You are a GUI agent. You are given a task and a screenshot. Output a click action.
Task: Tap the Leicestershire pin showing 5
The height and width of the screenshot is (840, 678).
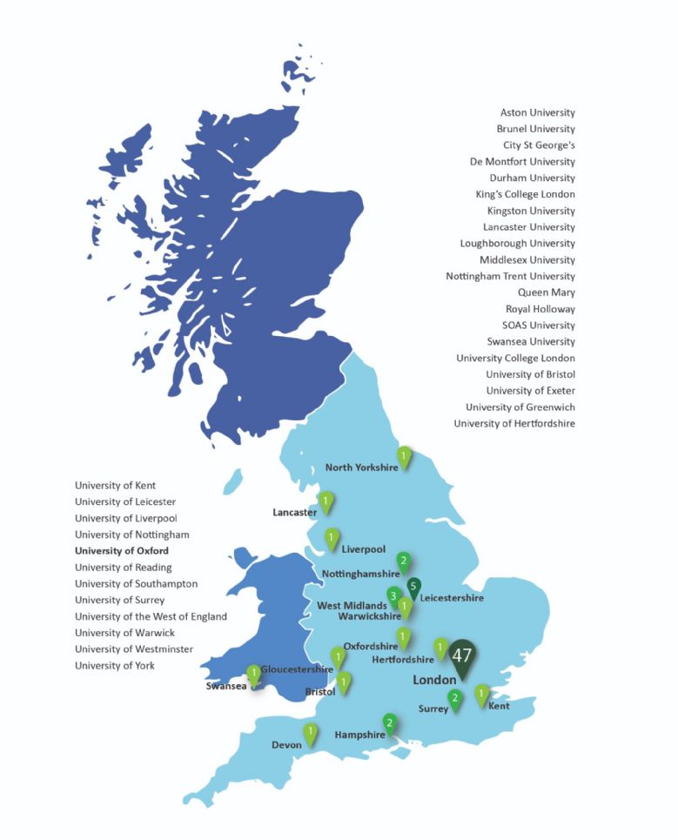coord(414,587)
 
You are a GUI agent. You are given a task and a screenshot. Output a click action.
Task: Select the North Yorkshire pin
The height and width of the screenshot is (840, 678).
coord(404,455)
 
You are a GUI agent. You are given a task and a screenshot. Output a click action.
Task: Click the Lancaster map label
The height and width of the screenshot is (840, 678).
coord(294,513)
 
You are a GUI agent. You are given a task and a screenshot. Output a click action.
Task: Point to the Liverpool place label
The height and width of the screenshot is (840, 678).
coord(364,549)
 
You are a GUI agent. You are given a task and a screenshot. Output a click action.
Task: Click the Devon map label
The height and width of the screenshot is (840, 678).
coord(286,745)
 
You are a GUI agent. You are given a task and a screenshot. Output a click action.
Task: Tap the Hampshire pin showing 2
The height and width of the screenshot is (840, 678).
coord(390,722)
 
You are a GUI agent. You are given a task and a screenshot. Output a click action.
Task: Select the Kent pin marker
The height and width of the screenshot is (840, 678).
coord(481,694)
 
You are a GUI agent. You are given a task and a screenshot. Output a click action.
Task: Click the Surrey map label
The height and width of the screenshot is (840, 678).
coord(433,709)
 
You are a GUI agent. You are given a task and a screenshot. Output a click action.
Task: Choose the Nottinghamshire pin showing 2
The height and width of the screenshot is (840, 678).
coord(403,561)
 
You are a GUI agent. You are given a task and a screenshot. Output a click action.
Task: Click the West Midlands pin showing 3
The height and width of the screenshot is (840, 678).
coord(393,597)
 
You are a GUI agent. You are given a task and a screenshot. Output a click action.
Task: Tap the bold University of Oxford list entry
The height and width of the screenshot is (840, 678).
coord(122,551)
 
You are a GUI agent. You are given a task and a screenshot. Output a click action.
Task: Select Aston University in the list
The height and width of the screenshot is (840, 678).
coord(537,112)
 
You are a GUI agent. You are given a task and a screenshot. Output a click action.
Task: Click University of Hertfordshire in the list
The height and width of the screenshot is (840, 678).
coord(514,424)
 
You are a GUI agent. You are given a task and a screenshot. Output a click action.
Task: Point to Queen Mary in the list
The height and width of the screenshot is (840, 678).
coord(546,292)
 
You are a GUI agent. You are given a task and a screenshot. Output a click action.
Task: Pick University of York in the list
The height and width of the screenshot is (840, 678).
coord(115,666)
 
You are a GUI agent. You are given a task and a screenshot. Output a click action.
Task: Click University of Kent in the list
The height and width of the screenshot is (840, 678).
coord(116,486)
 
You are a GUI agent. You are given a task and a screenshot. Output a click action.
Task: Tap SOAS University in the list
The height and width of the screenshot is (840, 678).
coord(539,326)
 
